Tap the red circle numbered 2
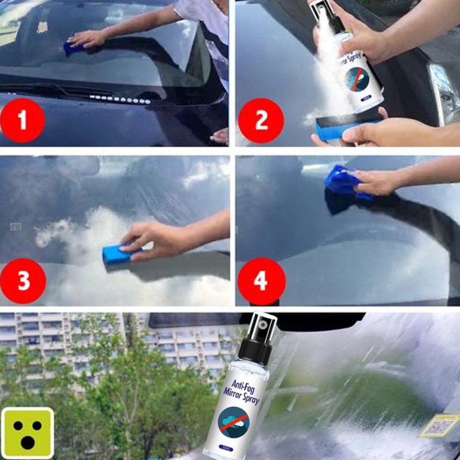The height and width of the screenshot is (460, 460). [x=261, y=121]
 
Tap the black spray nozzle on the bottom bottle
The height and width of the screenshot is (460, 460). [x=261, y=333]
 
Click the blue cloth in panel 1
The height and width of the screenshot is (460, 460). [x=73, y=48]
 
